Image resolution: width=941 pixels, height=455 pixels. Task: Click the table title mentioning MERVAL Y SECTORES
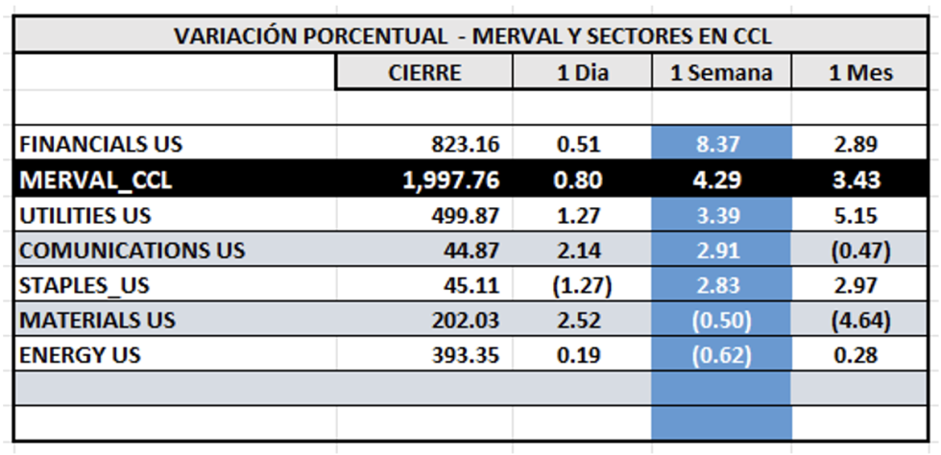point(472,36)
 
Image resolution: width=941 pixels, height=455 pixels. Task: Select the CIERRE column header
point(424,73)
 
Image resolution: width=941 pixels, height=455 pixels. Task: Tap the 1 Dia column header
point(583,73)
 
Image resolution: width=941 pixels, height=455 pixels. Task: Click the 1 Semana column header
point(721,73)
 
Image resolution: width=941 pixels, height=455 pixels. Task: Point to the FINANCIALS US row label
point(101,145)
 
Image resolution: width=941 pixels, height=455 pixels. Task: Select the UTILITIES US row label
point(85,216)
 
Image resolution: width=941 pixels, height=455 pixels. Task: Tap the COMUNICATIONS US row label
point(133,251)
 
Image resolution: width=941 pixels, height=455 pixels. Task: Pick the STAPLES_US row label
point(84,286)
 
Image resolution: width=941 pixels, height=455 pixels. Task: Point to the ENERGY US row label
point(80,355)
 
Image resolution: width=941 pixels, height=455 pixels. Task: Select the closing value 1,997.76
point(446,180)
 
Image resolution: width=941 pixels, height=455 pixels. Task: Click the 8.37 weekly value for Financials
point(722,145)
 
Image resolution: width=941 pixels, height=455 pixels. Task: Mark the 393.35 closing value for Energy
point(467,355)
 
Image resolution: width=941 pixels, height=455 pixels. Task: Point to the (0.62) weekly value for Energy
point(722,355)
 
